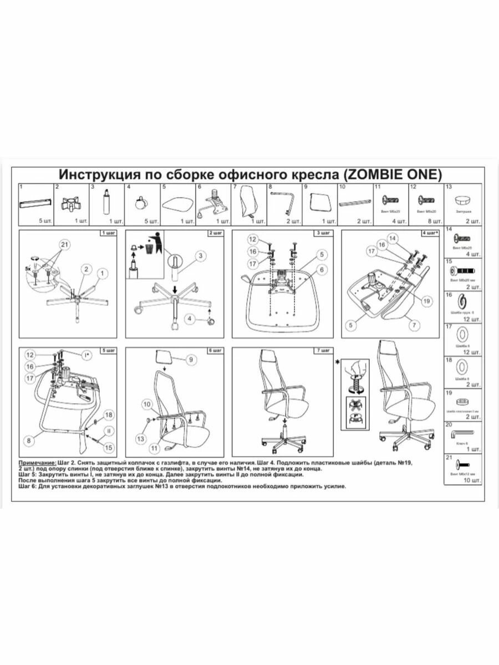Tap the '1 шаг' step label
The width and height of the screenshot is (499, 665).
(x=108, y=233)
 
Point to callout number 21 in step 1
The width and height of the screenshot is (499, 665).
(x=64, y=244)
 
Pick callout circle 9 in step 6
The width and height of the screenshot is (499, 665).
(x=189, y=360)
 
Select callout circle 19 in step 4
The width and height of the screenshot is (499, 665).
(x=426, y=301)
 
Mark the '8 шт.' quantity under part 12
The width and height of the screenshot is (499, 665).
(x=434, y=221)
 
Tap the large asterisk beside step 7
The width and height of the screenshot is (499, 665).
(x=337, y=362)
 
